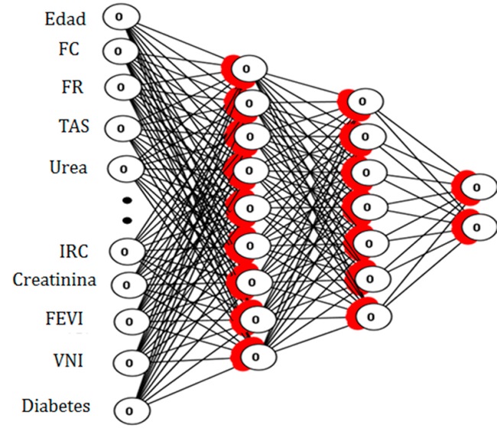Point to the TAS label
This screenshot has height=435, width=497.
[x=73, y=125]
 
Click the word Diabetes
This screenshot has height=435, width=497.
[x=56, y=405]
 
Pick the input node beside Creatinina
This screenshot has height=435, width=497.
[x=125, y=284]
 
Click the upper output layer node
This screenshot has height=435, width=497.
[x=476, y=186]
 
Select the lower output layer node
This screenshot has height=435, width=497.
[x=476, y=226]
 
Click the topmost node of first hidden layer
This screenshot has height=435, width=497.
[x=245, y=69]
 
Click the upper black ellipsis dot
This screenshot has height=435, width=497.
[x=128, y=201]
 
